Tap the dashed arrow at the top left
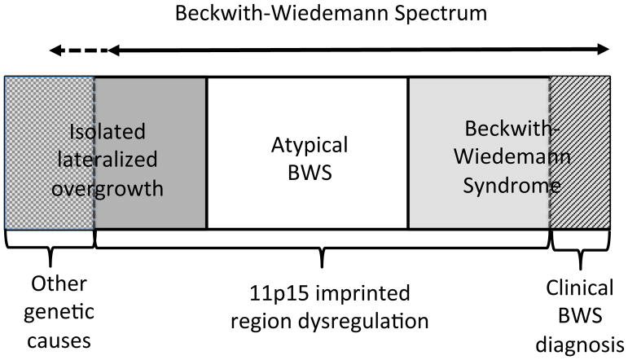coord(78,50)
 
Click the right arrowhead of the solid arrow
coord(603,50)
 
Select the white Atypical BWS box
coord(307,195)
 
